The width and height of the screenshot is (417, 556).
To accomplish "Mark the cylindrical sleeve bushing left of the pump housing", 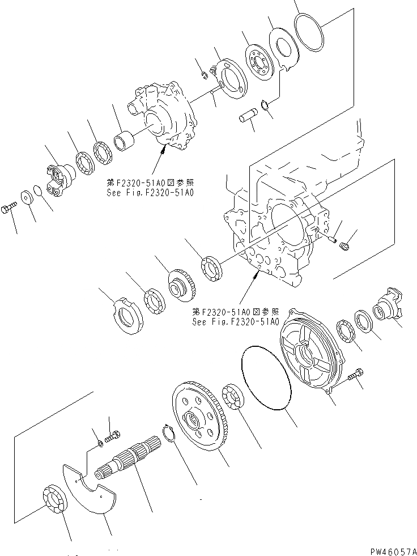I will tap(124, 139).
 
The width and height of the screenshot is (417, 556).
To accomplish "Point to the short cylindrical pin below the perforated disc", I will tap(247, 120).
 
